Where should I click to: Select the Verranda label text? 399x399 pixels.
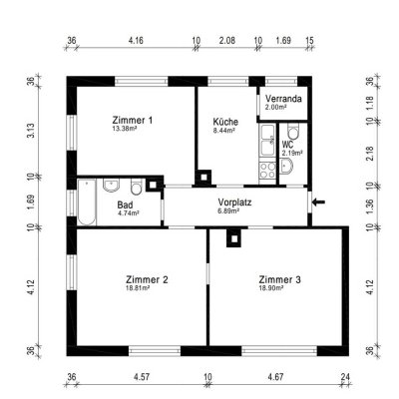(284, 99)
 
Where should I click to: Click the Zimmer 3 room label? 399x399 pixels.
(279, 279)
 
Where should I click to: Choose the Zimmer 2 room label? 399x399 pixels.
(147, 279)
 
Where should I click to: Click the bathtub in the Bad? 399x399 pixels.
(88, 199)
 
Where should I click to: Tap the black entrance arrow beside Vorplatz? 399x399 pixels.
(318, 203)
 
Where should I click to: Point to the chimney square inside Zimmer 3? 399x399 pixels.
(234, 237)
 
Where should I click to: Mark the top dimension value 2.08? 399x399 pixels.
(226, 42)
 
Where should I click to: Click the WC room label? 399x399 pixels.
(287, 145)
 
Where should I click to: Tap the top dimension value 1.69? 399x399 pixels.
(283, 42)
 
